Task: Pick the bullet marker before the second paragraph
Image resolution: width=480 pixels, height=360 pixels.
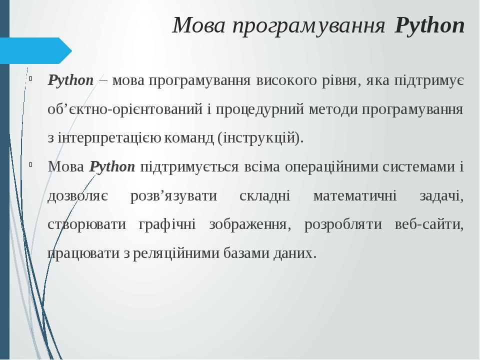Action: pyautogui.click(x=31, y=164)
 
